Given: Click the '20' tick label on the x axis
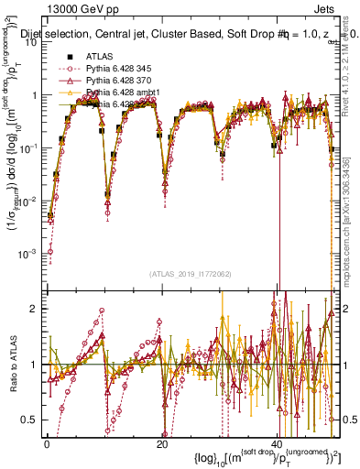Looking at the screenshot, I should click(x=162, y=443).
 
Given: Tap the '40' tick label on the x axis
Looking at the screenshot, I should click(x=279, y=443).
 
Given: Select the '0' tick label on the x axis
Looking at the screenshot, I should click(x=47, y=443).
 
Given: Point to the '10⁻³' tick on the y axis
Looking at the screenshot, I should click(x=30, y=252).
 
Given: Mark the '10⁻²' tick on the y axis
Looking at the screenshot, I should click(x=30, y=200).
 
